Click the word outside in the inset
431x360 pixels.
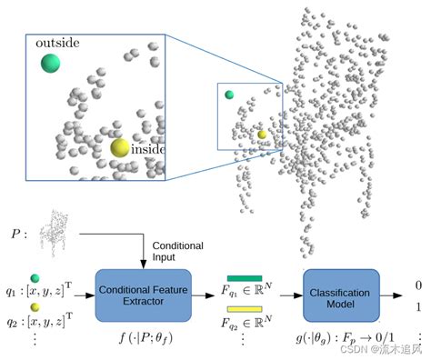(56, 44)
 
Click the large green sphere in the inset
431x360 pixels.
(51, 64)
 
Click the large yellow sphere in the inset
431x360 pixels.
(120, 148)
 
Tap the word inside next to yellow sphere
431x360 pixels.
(147, 149)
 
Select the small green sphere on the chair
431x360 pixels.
(230, 95)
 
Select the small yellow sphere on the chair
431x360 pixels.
(262, 134)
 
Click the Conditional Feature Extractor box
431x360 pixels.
(142, 295)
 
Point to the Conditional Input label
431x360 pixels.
(177, 252)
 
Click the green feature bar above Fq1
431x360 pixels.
(245, 279)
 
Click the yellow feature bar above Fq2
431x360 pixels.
(245, 310)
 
